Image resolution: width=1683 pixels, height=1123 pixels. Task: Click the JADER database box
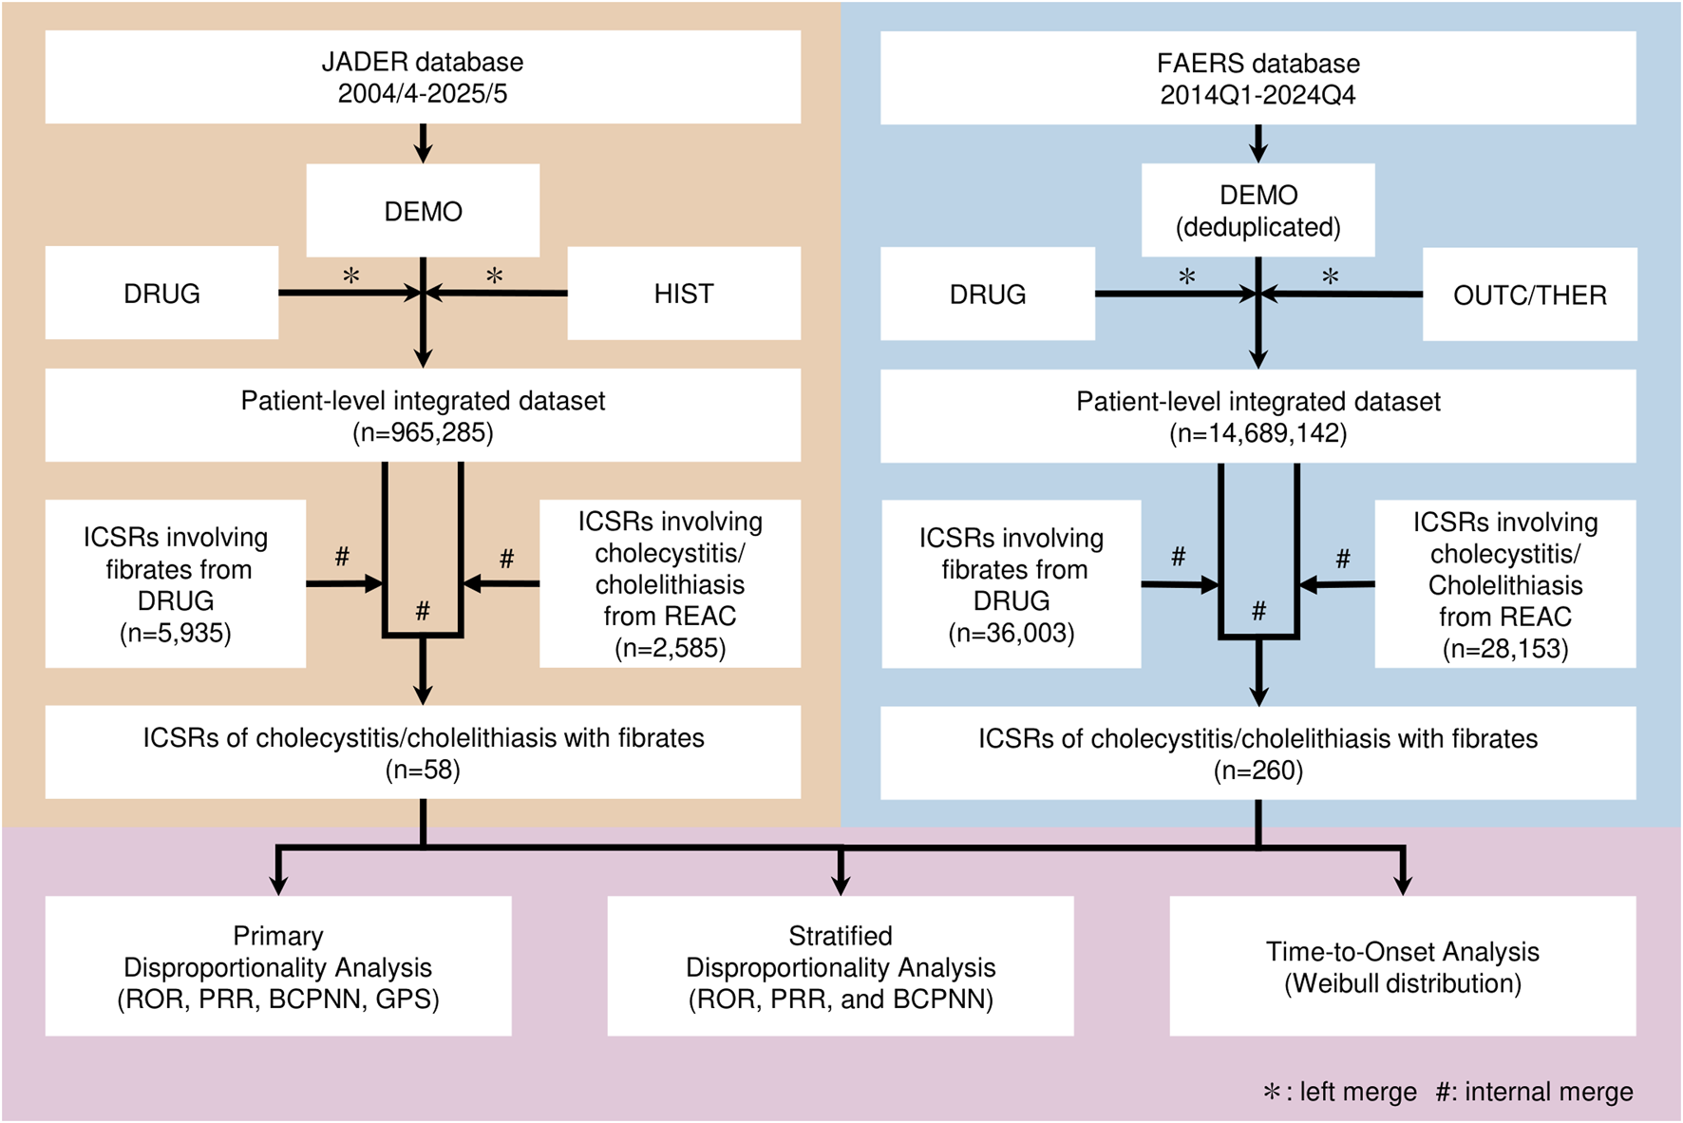(x=423, y=77)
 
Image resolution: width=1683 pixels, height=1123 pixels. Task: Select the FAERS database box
(x=1258, y=78)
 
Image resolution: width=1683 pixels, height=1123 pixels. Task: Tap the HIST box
(x=684, y=294)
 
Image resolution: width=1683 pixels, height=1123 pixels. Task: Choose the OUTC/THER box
(x=1529, y=295)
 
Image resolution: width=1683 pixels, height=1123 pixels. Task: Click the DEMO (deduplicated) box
(x=1258, y=211)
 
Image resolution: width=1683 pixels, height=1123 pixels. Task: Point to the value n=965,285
(x=423, y=433)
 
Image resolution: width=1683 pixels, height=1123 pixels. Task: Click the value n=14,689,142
(x=1258, y=434)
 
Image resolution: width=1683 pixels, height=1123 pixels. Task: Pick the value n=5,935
(x=176, y=633)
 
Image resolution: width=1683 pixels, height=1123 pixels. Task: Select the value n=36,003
(x=1012, y=633)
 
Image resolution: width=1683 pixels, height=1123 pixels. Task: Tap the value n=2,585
(x=670, y=648)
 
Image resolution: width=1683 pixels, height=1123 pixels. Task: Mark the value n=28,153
(x=1505, y=649)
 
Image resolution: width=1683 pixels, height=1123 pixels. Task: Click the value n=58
(x=423, y=770)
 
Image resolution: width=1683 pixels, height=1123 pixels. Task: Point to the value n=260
(x=1258, y=771)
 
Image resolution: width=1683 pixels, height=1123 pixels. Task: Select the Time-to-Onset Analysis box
(x=1403, y=966)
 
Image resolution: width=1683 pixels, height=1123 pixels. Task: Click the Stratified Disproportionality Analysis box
(x=841, y=966)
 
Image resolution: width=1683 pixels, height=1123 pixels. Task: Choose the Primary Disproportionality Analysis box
(x=278, y=966)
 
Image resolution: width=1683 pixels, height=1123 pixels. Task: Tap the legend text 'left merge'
(x=1358, y=1092)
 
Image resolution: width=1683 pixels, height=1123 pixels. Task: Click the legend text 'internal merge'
(x=1548, y=1092)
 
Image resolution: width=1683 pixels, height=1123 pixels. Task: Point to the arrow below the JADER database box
(x=424, y=143)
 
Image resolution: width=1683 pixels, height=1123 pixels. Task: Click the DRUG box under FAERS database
(x=988, y=295)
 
